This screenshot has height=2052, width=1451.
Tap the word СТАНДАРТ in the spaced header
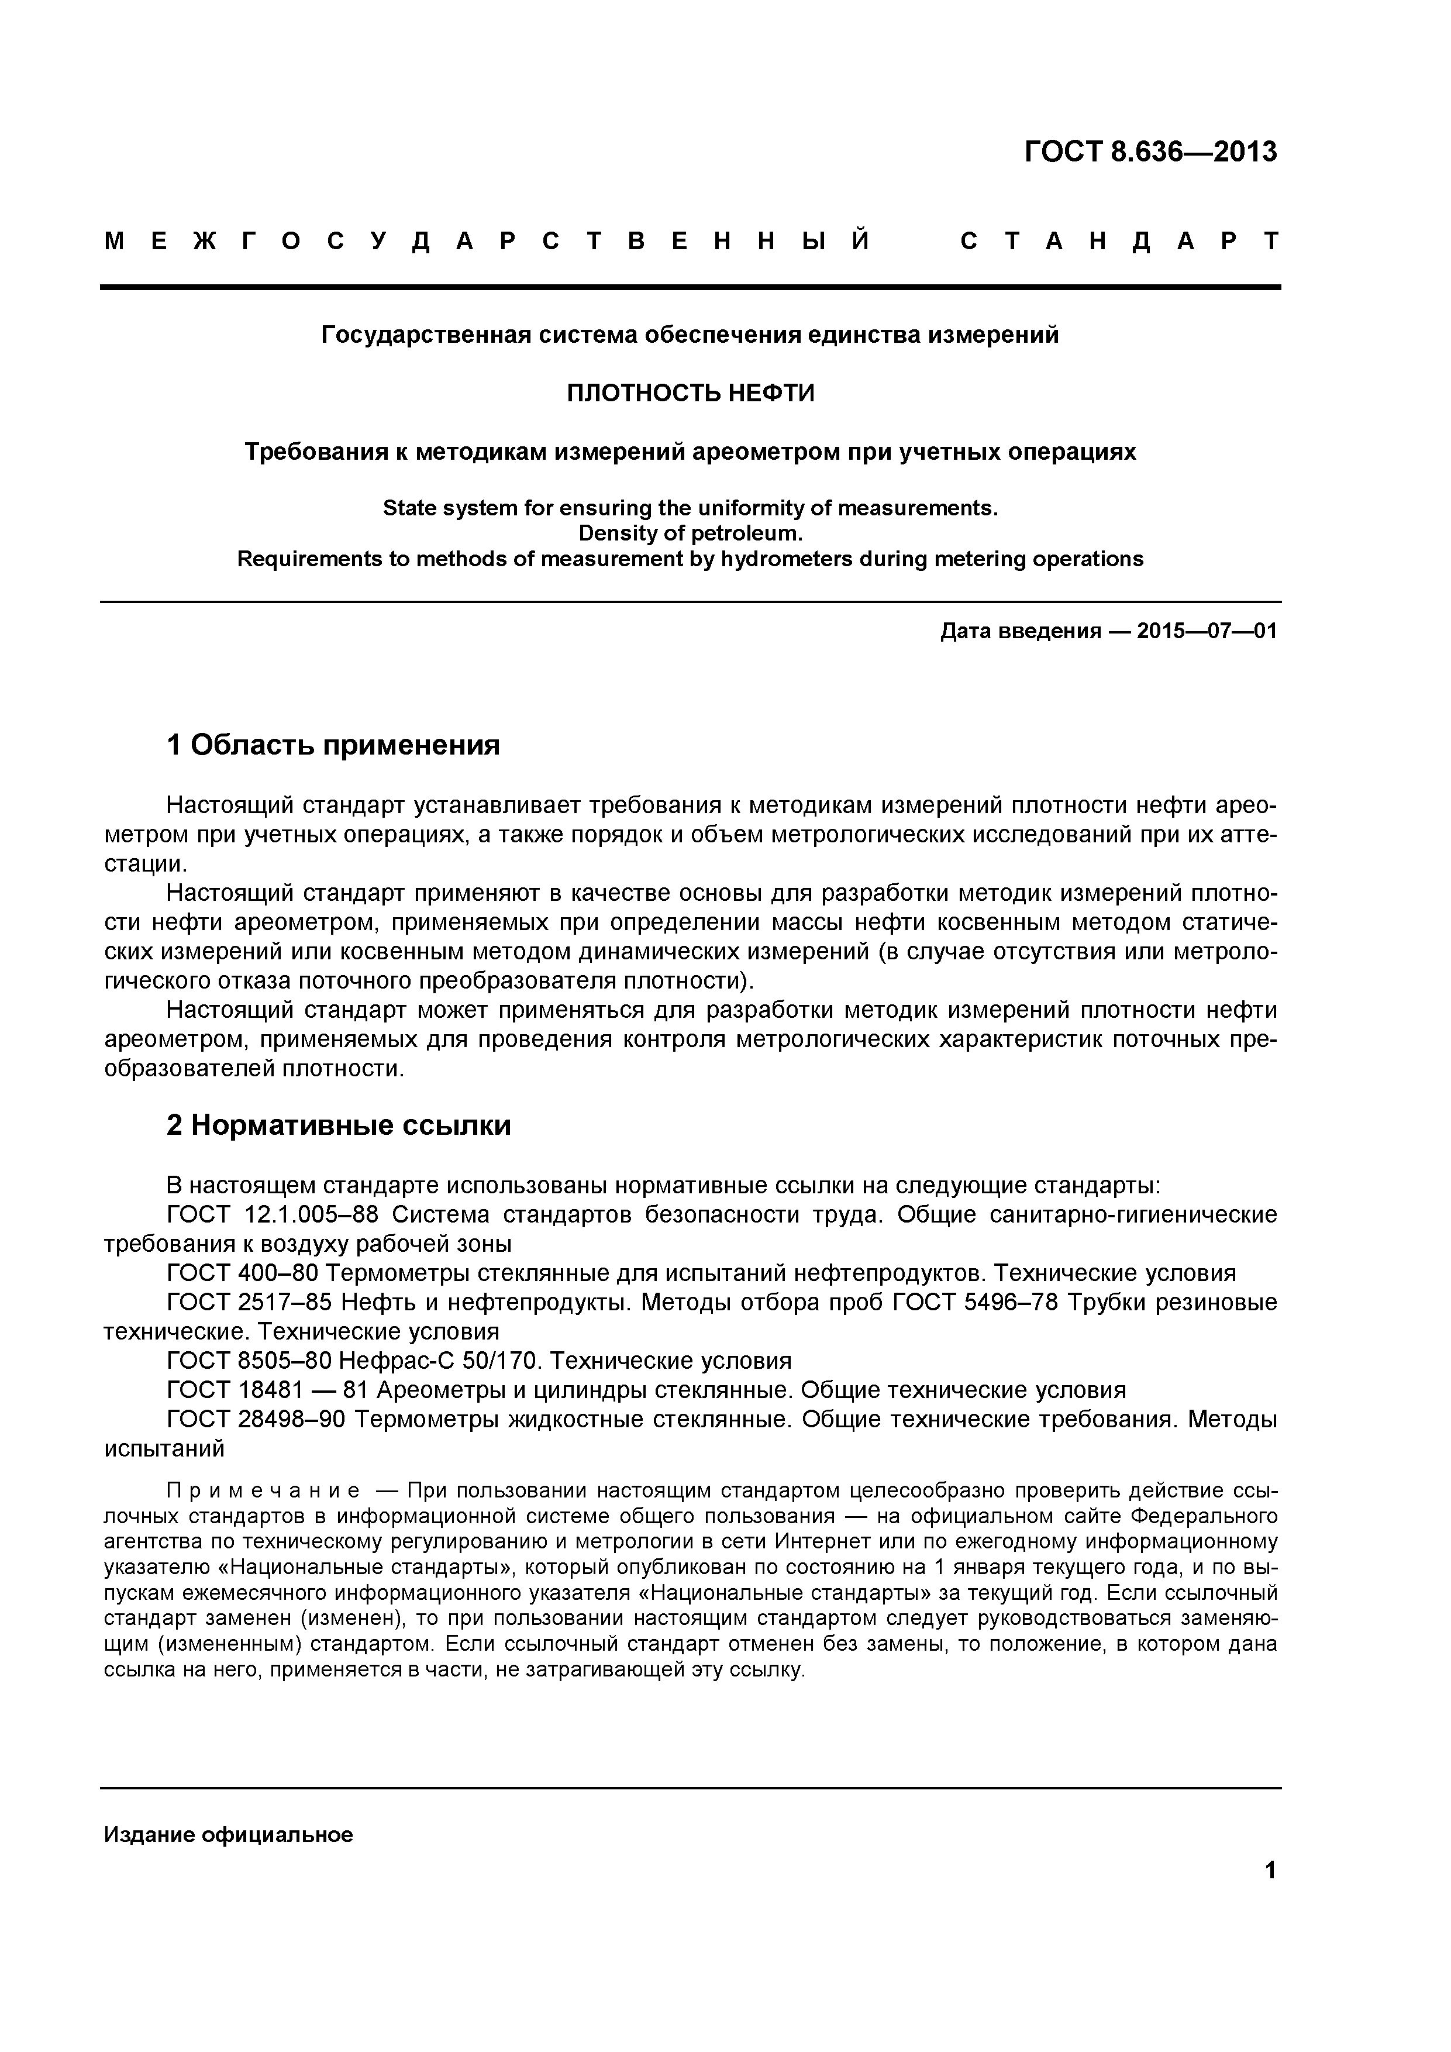pos(1121,242)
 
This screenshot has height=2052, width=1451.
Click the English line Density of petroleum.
pos(691,533)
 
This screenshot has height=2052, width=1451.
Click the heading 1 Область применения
pos(333,745)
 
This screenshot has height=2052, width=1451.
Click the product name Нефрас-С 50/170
pos(440,1361)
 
